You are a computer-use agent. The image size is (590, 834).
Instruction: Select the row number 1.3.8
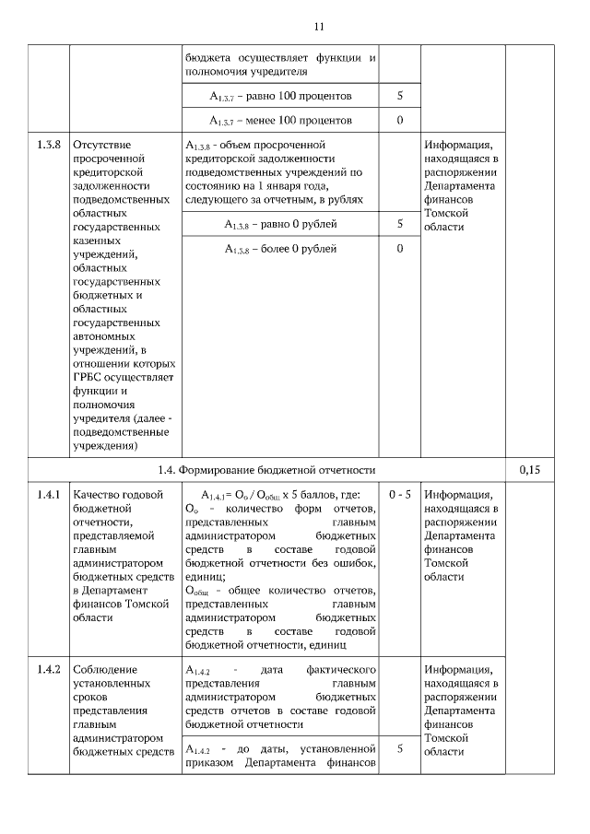48,146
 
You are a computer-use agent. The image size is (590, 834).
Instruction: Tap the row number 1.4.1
48,494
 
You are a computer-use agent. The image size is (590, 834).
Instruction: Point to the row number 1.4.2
48,668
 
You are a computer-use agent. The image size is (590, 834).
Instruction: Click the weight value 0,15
530,469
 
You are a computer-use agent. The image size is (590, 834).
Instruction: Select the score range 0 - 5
400,494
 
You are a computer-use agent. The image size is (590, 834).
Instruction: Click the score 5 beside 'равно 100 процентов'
400,96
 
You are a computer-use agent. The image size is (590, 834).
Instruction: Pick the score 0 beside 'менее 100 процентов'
400,121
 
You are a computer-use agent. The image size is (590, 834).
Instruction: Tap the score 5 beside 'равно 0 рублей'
400,224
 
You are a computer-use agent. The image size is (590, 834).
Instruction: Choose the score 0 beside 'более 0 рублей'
400,249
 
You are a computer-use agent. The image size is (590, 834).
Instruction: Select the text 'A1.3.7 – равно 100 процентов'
280,96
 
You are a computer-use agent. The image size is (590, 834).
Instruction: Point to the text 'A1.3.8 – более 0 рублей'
280,249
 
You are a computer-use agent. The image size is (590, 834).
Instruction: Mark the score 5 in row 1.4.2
400,749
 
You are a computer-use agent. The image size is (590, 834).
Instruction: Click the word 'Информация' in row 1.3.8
458,146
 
